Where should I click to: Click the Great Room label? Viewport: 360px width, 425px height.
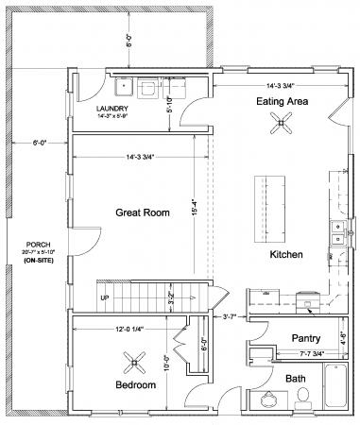click(143, 212)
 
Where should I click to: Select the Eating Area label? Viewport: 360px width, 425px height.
click(281, 100)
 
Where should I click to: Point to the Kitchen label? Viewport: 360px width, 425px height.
click(285, 256)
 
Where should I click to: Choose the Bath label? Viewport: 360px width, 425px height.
click(297, 380)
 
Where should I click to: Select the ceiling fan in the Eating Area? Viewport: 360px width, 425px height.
click(281, 120)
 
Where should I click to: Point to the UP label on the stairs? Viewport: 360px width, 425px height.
click(105, 297)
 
